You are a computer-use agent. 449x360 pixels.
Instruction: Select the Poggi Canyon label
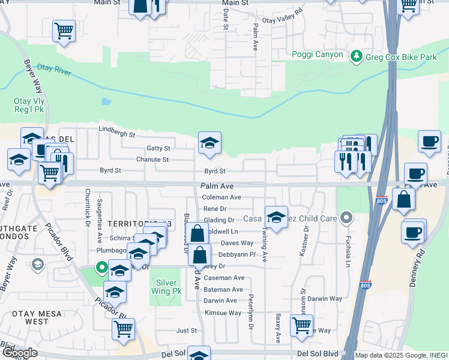pos(318,55)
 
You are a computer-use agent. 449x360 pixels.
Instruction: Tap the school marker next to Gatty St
pos(209,143)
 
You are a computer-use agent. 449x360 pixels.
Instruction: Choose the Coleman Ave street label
pos(221,197)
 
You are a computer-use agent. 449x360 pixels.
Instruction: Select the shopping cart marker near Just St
pos(123,328)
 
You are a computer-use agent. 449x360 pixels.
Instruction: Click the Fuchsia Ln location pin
pos(346,217)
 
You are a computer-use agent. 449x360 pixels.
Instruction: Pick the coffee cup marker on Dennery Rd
pos(412,231)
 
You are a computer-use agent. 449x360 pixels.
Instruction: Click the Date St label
pos(226,19)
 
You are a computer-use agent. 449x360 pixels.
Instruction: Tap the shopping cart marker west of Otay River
pos(64,30)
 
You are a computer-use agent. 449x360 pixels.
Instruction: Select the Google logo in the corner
pos(19,353)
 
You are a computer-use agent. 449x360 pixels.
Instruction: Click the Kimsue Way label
pos(223,313)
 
